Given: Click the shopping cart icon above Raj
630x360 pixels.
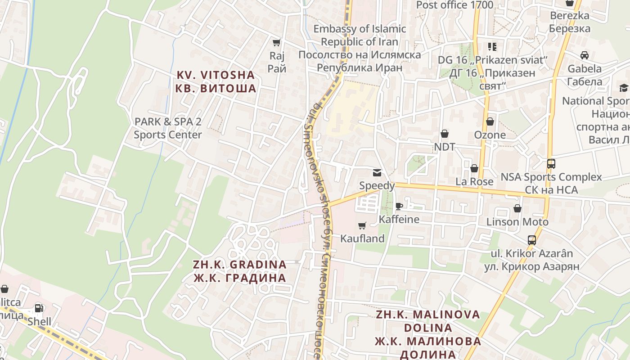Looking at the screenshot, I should (277, 43).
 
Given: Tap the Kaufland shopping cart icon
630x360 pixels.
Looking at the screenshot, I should (362, 225).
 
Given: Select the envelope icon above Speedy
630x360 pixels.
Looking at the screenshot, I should (377, 173).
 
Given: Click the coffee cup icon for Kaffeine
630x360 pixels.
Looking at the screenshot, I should (399, 207).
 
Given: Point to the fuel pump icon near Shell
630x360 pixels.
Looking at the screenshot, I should (39, 309).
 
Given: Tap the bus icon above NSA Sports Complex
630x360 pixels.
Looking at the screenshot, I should (551, 164).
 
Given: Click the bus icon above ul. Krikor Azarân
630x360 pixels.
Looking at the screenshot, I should (532, 240).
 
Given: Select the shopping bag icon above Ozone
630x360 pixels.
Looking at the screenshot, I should (490, 122).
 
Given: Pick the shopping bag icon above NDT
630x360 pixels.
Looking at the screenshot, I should (445, 134).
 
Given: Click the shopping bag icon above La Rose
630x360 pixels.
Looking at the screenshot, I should (474, 169).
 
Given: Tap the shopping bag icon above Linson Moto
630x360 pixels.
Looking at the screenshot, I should (517, 209).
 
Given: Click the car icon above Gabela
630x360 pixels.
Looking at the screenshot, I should (585, 55).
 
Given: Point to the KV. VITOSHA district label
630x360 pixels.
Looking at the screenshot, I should (216, 81).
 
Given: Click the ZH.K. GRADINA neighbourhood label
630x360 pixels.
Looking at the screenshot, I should (240, 271).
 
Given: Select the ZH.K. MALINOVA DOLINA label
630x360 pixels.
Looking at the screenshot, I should (428, 334).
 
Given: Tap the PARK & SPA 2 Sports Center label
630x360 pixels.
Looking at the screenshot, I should (168, 128).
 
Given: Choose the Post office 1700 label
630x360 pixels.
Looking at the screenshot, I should (454, 5).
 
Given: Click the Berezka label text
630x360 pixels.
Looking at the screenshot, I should (569, 22).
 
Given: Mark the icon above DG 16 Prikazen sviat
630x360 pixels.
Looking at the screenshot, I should (492, 47).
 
